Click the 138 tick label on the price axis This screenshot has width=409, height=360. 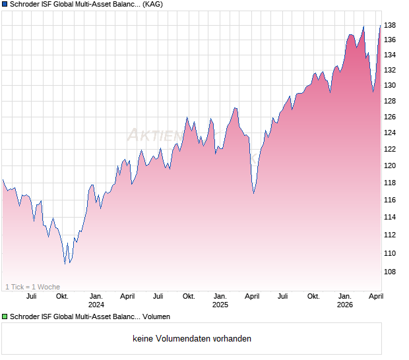[391, 25]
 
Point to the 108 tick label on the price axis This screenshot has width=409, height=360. [391, 272]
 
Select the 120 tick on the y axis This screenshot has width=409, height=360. [391, 165]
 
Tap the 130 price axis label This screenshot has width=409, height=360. [391, 85]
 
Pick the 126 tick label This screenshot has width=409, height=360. [391, 117]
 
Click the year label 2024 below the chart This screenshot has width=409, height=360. [96, 305]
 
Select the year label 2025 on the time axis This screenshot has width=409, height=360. [220, 305]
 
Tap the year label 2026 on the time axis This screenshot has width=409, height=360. [344, 305]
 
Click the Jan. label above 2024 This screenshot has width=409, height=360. [96, 296]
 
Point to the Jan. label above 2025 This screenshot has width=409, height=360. [220, 296]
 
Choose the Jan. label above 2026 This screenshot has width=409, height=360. [344, 296]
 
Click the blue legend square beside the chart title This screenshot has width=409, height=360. [5, 5]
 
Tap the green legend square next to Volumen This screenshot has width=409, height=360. [5, 317]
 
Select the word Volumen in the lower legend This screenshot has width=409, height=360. [156, 317]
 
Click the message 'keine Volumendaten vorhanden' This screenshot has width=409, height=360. [192, 339]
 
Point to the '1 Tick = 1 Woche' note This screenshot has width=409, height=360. [32, 287]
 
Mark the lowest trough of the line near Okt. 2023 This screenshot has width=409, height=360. [65, 264]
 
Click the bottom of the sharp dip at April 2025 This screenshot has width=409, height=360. [254, 193]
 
